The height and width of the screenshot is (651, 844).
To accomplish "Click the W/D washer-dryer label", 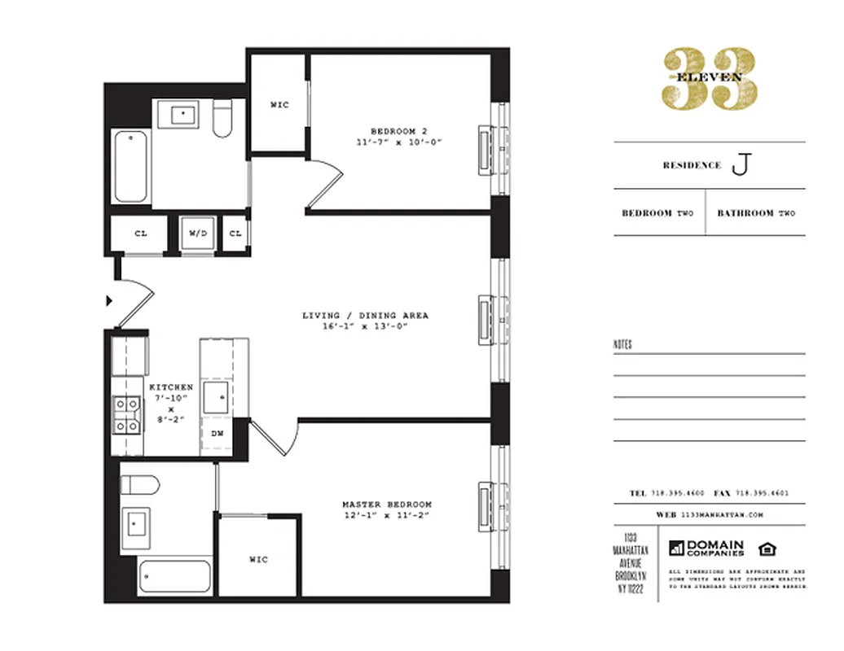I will pyautogui.click(x=199, y=234).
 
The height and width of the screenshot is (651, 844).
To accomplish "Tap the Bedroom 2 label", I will pyautogui.click(x=398, y=131).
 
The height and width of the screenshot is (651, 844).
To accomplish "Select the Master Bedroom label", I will pyautogui.click(x=387, y=505).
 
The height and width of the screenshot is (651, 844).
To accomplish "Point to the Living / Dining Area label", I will pyautogui.click(x=365, y=316).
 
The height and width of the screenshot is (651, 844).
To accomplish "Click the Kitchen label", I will pyautogui.click(x=171, y=387).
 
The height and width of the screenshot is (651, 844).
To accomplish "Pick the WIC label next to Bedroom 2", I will pyautogui.click(x=279, y=105).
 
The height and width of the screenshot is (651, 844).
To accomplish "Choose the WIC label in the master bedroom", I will pyautogui.click(x=258, y=560).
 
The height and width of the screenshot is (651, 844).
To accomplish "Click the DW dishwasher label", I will pyautogui.click(x=218, y=434).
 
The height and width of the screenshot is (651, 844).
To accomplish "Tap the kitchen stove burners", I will pyautogui.click(x=126, y=413).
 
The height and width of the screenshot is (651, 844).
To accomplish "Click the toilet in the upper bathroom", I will pyautogui.click(x=222, y=119).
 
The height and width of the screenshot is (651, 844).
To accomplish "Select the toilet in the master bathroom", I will pyautogui.click(x=140, y=484).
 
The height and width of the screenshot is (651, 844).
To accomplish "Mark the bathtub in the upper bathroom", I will pyautogui.click(x=130, y=166).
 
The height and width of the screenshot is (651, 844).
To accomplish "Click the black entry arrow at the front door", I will pyautogui.click(x=109, y=301).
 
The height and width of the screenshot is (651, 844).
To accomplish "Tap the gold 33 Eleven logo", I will pyautogui.click(x=709, y=77).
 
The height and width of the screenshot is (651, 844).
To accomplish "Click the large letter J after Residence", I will pyautogui.click(x=740, y=165).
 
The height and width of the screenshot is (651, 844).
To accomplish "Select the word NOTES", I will pyautogui.click(x=622, y=345).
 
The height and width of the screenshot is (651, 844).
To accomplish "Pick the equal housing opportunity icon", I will pyautogui.click(x=767, y=547).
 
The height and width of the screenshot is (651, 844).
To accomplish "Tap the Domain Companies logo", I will pyautogui.click(x=706, y=548).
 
